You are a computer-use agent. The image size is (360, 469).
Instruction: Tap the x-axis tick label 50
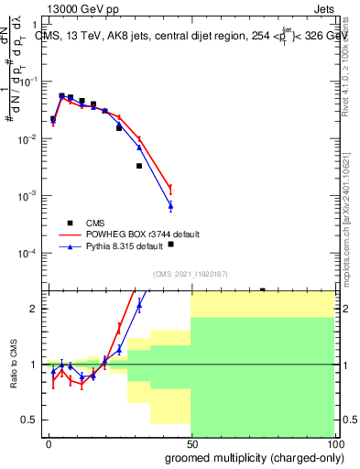tap(191, 444)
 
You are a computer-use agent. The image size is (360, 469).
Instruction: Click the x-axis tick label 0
tap(49, 444)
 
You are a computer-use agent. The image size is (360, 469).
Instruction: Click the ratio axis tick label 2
tap(35, 309)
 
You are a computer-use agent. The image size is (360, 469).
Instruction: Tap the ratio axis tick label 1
tap(35, 365)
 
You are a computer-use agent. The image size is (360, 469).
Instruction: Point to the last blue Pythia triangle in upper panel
tap(170, 205)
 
